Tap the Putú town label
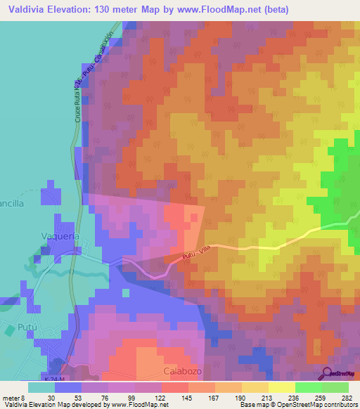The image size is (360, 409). tap(25, 328)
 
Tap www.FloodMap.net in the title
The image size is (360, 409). tap(217, 10)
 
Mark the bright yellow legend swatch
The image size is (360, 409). tap(281, 387)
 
